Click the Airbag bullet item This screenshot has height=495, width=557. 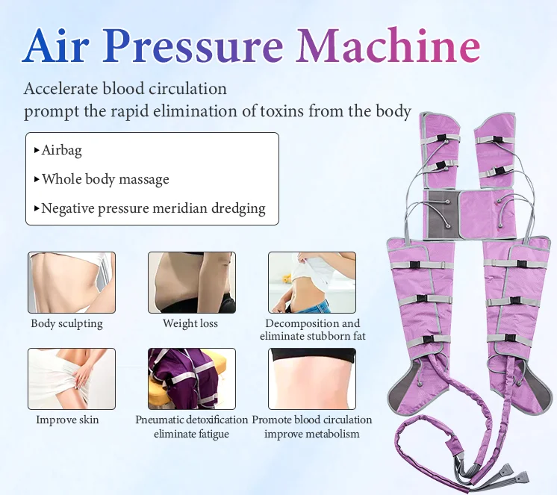[x=61, y=150]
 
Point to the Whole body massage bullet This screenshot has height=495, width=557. [x=105, y=179]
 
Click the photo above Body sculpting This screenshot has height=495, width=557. [x=72, y=282]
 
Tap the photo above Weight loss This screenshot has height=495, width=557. [x=191, y=282]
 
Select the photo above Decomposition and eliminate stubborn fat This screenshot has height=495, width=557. [x=311, y=282]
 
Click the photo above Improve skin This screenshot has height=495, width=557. [x=72, y=379]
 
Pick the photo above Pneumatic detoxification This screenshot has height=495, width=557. [x=191, y=379]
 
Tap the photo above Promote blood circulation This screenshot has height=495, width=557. [x=311, y=379]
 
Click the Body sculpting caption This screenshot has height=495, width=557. [x=67, y=323]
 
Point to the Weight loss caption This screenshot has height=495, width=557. [x=190, y=323]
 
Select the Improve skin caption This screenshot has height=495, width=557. [x=67, y=420]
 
